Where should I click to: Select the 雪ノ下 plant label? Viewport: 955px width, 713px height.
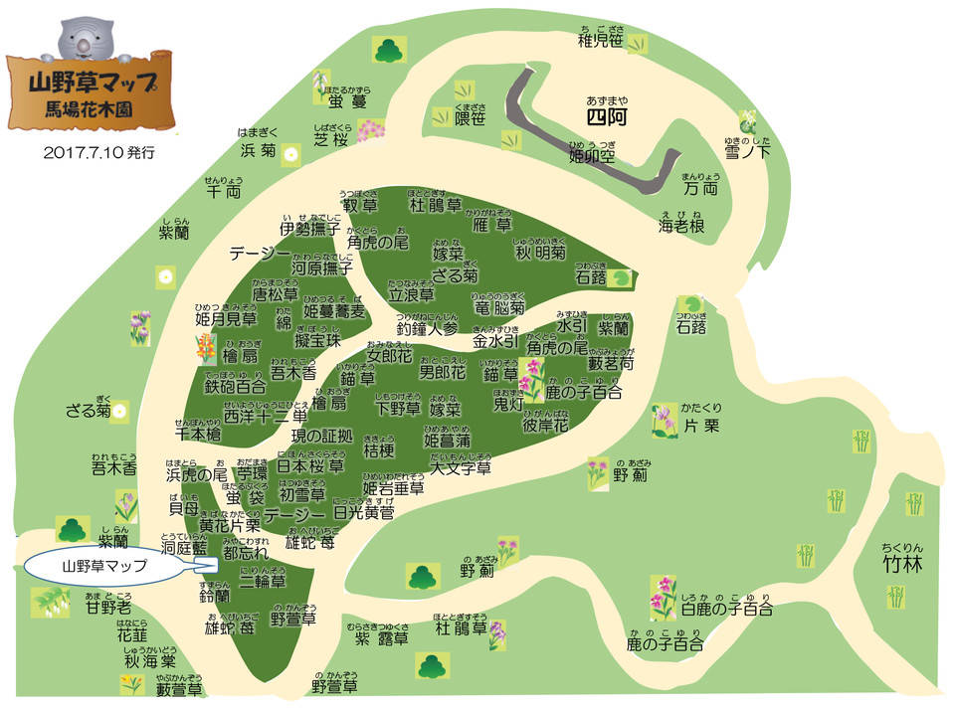tap(747, 151)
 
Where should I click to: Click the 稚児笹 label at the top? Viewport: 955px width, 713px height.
tap(601, 41)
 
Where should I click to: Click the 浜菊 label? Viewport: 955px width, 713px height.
tap(257, 151)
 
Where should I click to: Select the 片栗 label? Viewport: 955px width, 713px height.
tap(704, 425)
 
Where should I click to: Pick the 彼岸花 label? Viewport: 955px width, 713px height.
tap(544, 425)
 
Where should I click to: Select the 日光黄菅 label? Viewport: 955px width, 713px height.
tap(363, 513)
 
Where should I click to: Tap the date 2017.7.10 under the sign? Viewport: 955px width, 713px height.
tap(99, 153)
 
